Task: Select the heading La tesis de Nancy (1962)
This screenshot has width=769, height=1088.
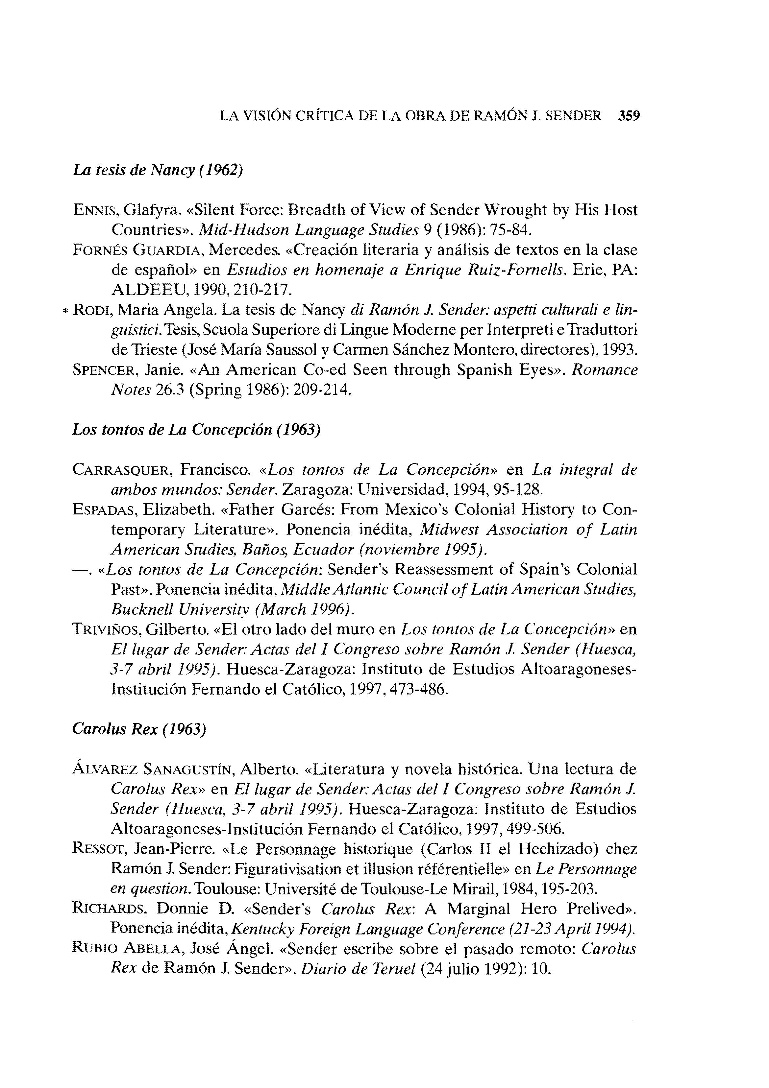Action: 158,170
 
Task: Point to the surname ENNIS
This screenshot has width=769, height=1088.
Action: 93,210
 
